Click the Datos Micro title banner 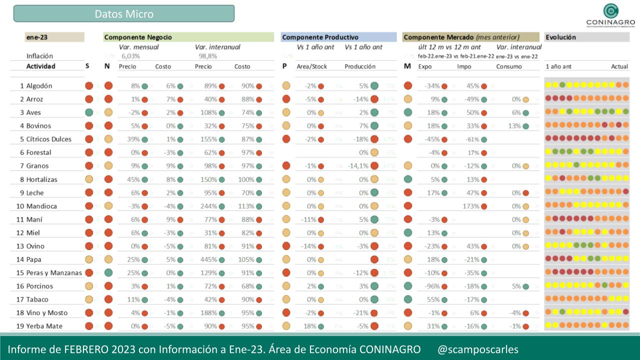click(x=124, y=14)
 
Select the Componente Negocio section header click(x=138, y=37)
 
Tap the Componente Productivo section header click(x=320, y=37)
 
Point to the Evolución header click(x=560, y=37)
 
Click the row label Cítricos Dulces click(x=48, y=139)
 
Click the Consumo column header click(x=509, y=66)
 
